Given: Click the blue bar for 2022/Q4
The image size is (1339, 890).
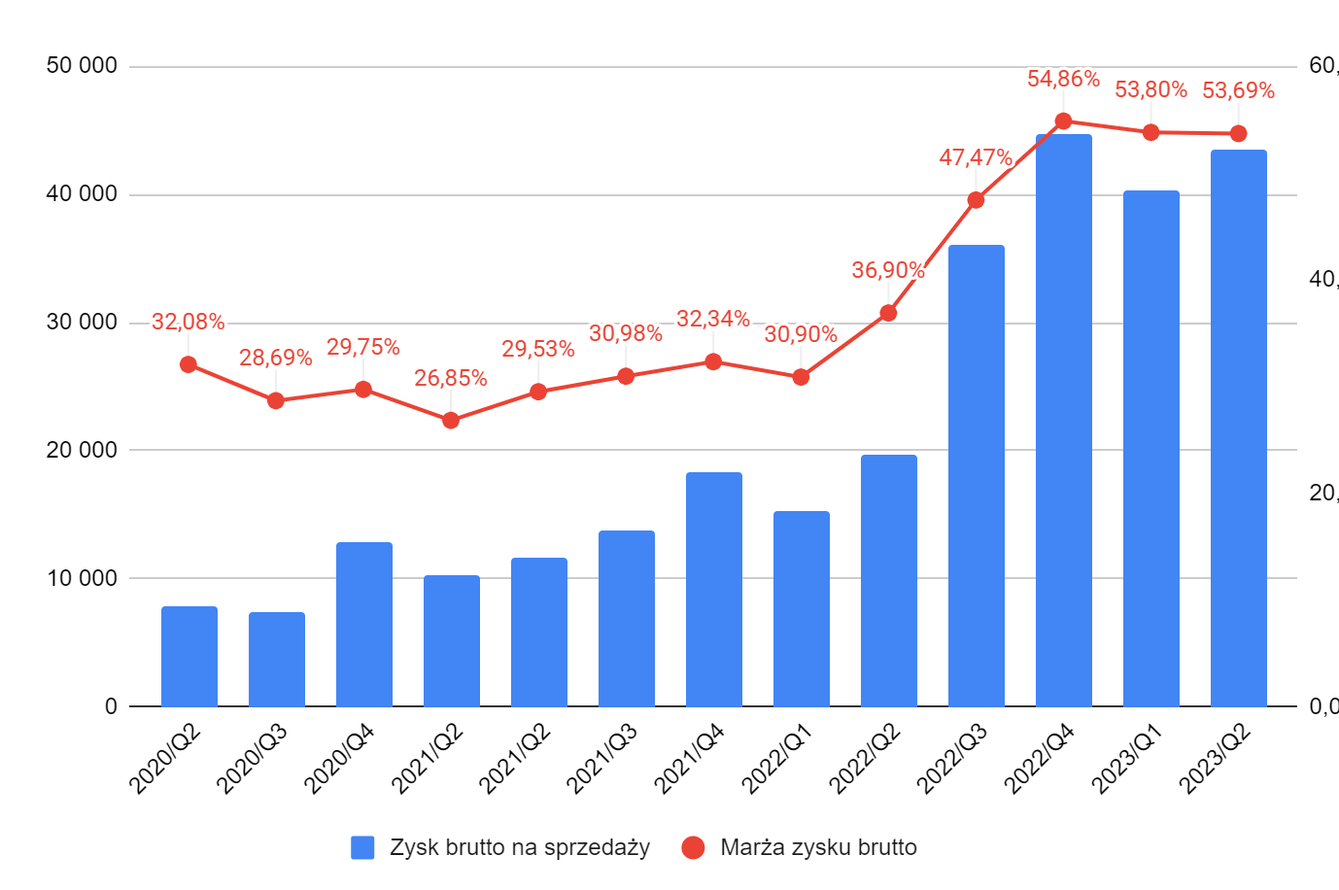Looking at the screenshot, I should pyautogui.click(x=1063, y=420).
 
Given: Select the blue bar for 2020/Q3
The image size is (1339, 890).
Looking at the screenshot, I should pyautogui.click(x=276, y=659).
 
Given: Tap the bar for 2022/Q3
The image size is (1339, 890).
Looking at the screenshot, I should pyautogui.click(x=976, y=475).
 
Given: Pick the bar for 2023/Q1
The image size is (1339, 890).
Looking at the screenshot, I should pyautogui.click(x=1150, y=448).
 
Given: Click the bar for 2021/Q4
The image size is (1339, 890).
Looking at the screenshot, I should pyautogui.click(x=713, y=589).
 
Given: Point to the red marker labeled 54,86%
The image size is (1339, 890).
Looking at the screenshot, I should pyautogui.click(x=1063, y=121).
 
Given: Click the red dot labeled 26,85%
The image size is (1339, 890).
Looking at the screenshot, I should pyautogui.click(x=451, y=421).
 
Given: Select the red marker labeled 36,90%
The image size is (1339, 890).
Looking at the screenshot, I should pyautogui.click(x=888, y=313).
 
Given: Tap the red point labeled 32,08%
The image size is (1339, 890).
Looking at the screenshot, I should pyautogui.click(x=189, y=364).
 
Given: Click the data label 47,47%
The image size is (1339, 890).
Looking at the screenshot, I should pyautogui.click(x=976, y=157).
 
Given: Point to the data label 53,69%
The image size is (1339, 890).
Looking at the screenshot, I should pyautogui.click(x=1238, y=90).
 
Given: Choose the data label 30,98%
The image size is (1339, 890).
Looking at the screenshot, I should pyautogui.click(x=626, y=333).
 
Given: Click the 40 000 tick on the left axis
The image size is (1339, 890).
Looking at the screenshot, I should pyautogui.click(x=82, y=194).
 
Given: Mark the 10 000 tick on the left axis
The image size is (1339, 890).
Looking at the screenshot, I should pyautogui.click(x=82, y=578).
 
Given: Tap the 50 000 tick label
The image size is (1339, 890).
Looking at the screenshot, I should pyautogui.click(x=82, y=66).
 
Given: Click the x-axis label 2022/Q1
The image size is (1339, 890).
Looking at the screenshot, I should pyautogui.click(x=777, y=760).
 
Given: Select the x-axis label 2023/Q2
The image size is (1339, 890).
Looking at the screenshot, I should pyautogui.click(x=1215, y=760).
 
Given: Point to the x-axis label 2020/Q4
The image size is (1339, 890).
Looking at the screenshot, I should pyautogui.click(x=340, y=760).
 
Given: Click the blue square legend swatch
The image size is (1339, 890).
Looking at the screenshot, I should pyautogui.click(x=362, y=847).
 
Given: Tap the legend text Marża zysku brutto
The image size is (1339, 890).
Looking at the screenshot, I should pyautogui.click(x=818, y=847).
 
